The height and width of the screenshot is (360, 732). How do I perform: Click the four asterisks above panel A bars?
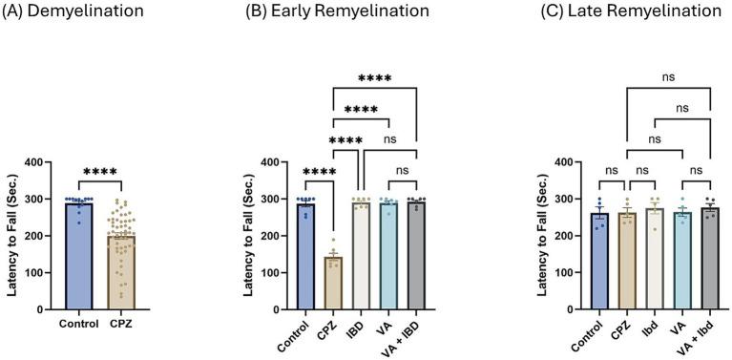[101, 173]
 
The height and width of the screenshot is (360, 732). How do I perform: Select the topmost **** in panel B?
[374, 79]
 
